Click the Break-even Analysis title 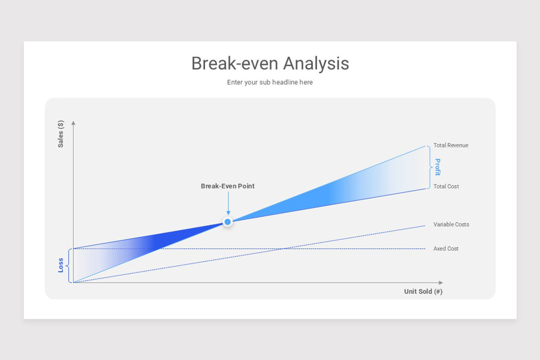(270, 63)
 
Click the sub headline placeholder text (270, 82)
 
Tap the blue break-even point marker (227, 221)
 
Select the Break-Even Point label (228, 186)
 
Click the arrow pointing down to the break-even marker (228, 203)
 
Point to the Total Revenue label (451, 145)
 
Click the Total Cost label (446, 186)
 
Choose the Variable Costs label (451, 224)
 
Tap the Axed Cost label (446, 248)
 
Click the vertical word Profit (437, 167)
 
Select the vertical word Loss (60, 265)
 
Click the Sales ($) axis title (60, 134)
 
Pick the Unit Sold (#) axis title (423, 292)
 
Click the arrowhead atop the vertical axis (73, 123)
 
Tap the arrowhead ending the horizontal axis (441, 283)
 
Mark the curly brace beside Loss (68, 265)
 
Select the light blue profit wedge (337, 193)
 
